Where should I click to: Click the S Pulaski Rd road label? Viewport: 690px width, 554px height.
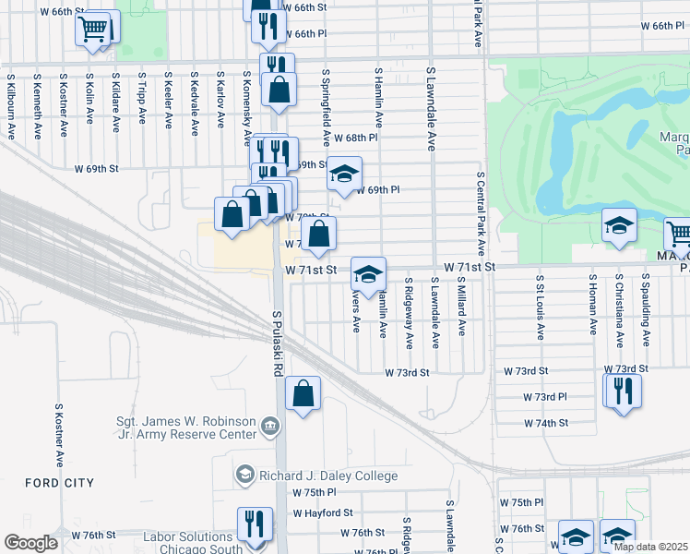coord(276,343)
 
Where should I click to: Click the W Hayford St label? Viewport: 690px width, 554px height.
coord(323,512)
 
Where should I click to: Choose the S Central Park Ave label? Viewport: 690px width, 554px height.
coord(481,213)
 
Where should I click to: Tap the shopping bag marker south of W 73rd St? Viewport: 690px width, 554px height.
coord(303,394)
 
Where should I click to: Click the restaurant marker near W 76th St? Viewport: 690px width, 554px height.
coord(256,524)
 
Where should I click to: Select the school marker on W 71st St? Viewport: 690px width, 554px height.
coord(368,274)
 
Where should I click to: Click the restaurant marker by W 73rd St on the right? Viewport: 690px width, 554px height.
coord(623,391)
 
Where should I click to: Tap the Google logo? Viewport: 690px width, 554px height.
coord(31,543)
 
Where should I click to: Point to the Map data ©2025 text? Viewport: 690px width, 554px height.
coord(649,547)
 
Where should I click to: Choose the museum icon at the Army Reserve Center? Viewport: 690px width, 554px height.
coord(269,426)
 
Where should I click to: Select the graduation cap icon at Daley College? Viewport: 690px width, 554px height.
coord(244,475)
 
